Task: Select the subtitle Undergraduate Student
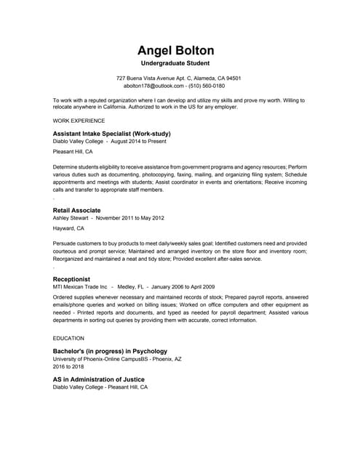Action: (179, 65)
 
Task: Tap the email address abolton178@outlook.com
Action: (156, 85)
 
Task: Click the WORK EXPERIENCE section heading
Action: (79, 120)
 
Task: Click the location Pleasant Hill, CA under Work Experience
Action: (73, 153)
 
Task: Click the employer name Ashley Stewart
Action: (71, 217)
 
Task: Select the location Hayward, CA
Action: (69, 229)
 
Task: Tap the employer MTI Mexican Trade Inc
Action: (80, 286)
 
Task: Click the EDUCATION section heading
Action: (69, 339)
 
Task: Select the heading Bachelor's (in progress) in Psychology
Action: (110, 352)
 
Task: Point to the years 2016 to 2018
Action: (70, 367)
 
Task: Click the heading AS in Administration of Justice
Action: (99, 379)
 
